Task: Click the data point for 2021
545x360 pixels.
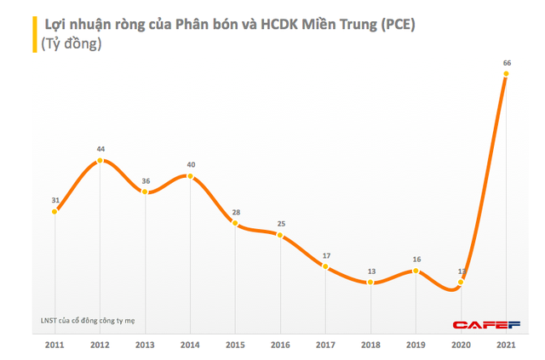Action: [507, 74]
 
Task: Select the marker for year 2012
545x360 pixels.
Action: [100, 159]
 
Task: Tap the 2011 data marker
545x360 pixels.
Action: [55, 211]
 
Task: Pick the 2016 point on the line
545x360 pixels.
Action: [281, 235]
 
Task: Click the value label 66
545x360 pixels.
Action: [507, 62]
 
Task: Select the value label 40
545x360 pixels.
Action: [191, 164]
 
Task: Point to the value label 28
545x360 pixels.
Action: [236, 212]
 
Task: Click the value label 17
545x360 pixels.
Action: [326, 255]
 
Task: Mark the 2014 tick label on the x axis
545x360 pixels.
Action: [191, 346]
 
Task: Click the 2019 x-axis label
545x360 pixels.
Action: [416, 346]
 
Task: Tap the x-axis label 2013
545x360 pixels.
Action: [146, 346]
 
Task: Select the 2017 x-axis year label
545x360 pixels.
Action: [326, 346]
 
